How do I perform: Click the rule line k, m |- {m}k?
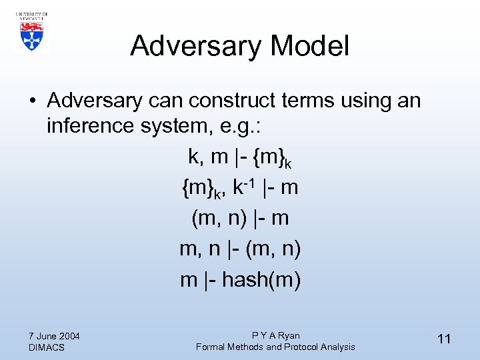coord(239,157)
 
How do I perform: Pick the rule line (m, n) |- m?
coord(239,218)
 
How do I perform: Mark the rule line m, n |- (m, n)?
coord(239,249)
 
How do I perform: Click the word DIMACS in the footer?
coord(47,347)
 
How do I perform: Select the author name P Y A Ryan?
coord(275,335)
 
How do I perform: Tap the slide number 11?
coord(444,339)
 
